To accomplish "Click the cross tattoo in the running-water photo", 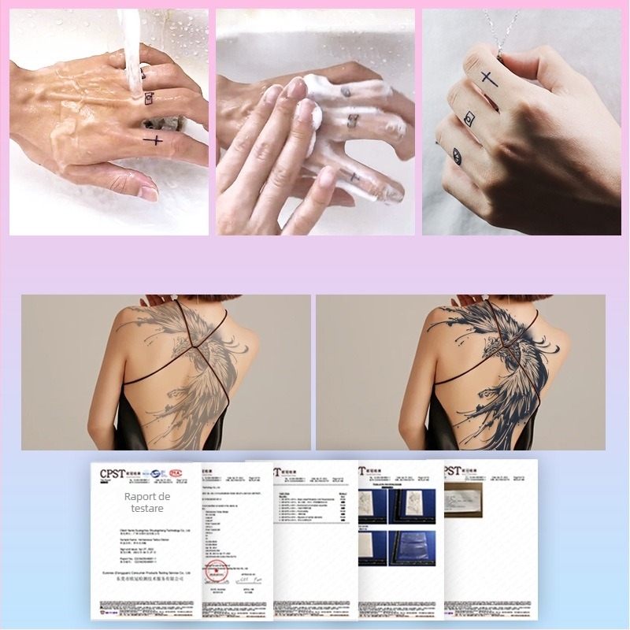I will tap(154, 141).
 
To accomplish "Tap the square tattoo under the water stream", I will tap(147, 99).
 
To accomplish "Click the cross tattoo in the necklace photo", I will tap(489, 78).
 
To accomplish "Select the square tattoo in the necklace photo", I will tap(470, 119).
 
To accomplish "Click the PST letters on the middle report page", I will tap(286, 472).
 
